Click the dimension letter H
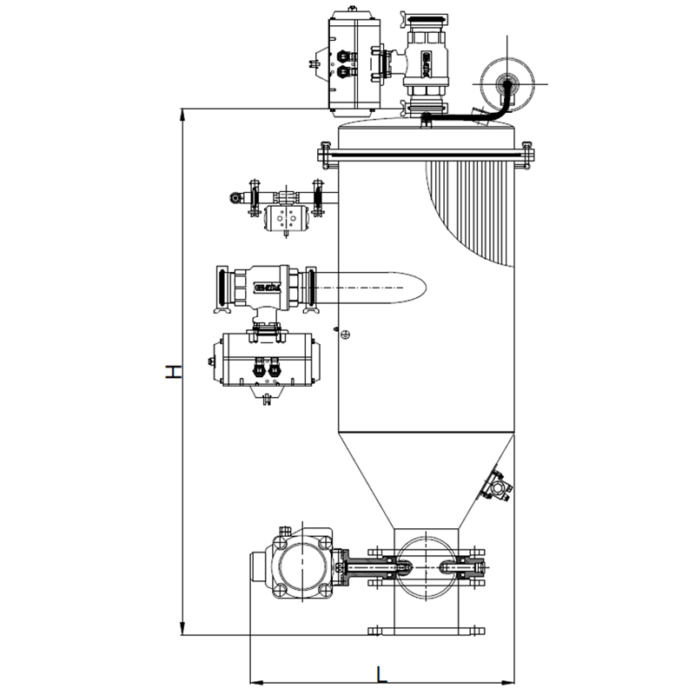click(175, 371)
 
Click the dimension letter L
click(382, 672)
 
